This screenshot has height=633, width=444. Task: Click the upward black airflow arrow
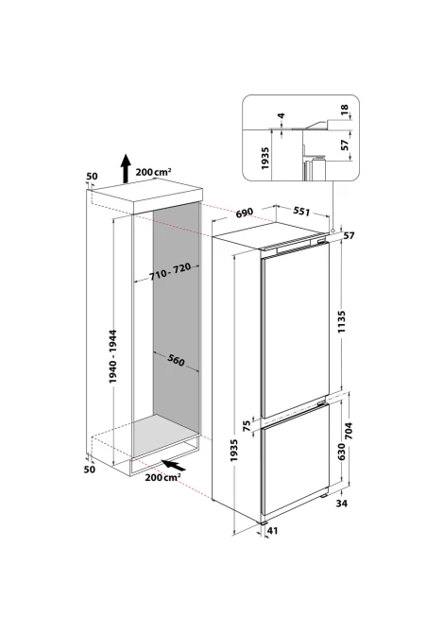[127, 168]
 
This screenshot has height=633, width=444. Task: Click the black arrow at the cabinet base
[175, 466]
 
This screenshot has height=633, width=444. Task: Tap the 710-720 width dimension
[170, 273]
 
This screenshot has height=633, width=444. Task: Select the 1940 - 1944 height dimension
[112, 356]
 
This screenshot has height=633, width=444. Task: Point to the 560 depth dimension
[175, 359]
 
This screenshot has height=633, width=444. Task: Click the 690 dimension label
[244, 212]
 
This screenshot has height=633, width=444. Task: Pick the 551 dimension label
[301, 211]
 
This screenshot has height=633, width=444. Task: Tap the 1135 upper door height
[342, 321]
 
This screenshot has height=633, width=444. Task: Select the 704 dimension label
[349, 430]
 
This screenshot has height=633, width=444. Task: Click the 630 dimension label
[341, 452]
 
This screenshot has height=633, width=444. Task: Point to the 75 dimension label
[247, 427]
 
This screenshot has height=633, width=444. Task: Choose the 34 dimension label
[341, 503]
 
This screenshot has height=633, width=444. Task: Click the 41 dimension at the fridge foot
[273, 530]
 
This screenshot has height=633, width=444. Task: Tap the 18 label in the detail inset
[344, 109]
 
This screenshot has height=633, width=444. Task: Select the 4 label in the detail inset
[282, 115]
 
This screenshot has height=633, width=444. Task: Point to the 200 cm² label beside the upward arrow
[153, 172]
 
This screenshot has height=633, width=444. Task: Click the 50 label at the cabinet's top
[92, 176]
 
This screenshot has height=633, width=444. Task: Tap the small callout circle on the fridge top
[333, 231]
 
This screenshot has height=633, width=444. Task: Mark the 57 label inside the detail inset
[344, 145]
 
